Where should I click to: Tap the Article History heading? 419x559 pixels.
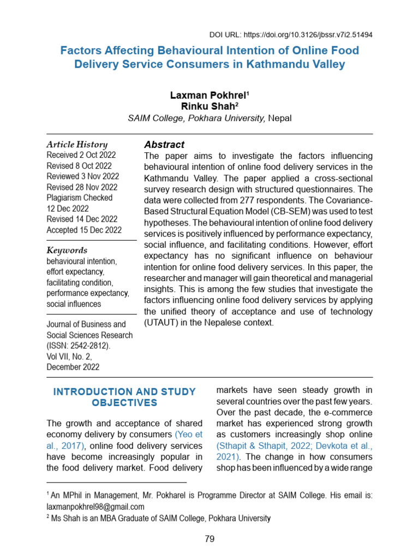[77, 145]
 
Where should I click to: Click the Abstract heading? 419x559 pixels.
[164, 145]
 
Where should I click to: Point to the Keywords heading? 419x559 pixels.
[67, 251]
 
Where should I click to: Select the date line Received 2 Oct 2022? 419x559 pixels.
[81, 156]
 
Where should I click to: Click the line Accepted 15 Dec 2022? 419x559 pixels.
[84, 230]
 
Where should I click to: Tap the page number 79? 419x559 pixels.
[209, 539]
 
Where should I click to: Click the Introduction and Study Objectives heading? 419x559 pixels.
[124, 397]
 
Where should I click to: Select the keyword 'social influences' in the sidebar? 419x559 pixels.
[74, 304]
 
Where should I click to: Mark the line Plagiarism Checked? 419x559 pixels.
[80, 198]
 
